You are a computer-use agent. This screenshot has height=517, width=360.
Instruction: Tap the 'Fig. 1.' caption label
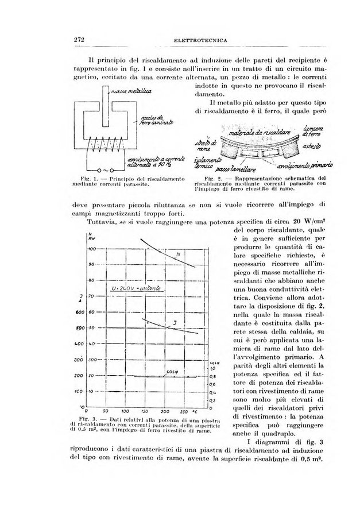91,181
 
